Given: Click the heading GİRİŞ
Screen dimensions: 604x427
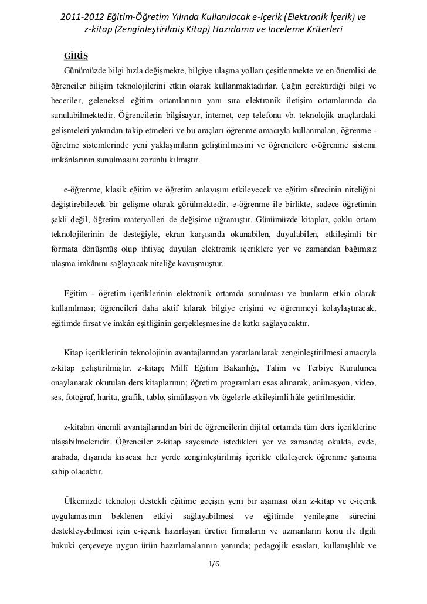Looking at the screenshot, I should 76,57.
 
